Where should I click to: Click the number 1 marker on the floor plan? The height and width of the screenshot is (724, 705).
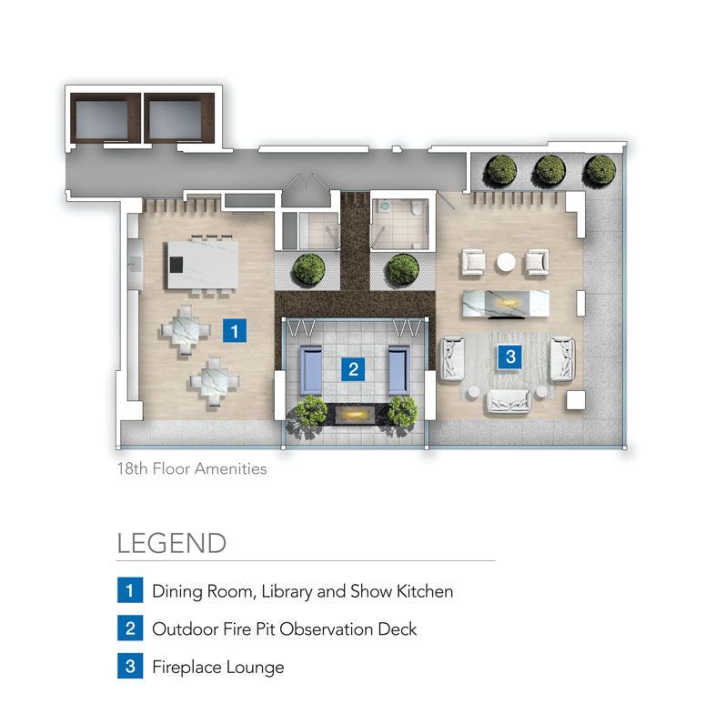click(x=235, y=330)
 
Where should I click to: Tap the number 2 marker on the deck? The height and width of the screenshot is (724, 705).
click(x=353, y=369)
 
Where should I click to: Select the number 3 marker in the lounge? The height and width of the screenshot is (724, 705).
click(x=510, y=357)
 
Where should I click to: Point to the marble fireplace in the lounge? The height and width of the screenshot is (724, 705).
click(x=506, y=304)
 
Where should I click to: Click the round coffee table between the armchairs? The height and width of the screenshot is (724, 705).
click(x=506, y=262)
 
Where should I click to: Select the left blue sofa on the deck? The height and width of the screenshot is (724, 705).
click(x=311, y=369)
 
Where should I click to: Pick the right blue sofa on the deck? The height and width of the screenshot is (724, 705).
click(x=399, y=369)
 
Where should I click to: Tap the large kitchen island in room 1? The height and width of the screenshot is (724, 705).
click(x=203, y=264)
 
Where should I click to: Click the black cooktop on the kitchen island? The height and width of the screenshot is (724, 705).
click(x=176, y=265)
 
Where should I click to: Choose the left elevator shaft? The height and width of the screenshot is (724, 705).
click(x=106, y=118)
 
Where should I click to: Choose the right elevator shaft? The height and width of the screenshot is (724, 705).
click(x=179, y=118)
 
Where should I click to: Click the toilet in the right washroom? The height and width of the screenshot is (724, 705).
click(x=416, y=208)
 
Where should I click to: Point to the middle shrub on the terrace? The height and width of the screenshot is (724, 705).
click(x=549, y=170)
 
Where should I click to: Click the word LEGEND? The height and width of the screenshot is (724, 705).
click(x=171, y=543)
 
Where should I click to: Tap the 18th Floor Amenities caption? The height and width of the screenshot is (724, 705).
click(x=192, y=468)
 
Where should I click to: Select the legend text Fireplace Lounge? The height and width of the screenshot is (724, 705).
click(x=218, y=668)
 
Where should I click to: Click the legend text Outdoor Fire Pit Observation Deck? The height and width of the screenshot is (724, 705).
click(x=285, y=628)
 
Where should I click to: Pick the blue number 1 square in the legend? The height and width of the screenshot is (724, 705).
click(x=130, y=590)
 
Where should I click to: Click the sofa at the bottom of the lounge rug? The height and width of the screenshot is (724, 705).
click(x=509, y=400)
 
